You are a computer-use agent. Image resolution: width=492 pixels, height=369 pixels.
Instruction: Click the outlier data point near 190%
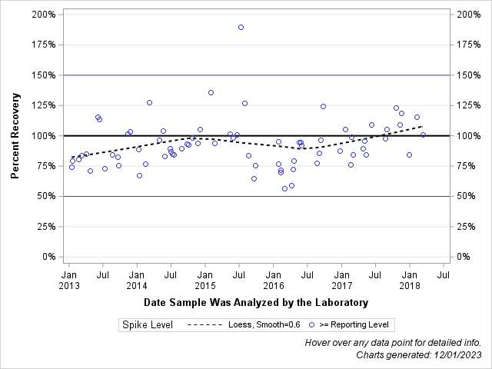pyautogui.click(x=241, y=27)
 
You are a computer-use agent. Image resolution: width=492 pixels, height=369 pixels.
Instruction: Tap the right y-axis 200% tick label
pyautogui.click(x=470, y=15)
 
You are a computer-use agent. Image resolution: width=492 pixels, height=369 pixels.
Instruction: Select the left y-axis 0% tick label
pyautogui.click(x=48, y=257)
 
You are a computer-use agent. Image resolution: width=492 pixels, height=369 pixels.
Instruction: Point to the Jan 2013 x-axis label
pyautogui.click(x=68, y=280)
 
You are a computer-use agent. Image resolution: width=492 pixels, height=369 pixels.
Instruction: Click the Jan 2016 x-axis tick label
pyautogui.click(x=273, y=280)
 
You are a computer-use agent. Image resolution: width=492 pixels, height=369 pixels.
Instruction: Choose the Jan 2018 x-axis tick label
pyautogui.click(x=410, y=280)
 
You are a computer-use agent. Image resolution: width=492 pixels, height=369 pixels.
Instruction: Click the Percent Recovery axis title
pyautogui.click(x=15, y=136)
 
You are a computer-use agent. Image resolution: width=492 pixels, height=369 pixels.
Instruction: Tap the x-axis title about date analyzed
pyautogui.click(x=255, y=302)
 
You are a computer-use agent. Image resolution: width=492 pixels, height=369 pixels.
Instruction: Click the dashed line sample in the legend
pyautogui.click(x=207, y=325)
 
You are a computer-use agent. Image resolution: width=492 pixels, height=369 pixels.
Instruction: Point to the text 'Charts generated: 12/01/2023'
pyautogui.click(x=418, y=355)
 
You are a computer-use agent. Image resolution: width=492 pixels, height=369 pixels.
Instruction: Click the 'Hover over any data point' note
pyautogui.click(x=393, y=343)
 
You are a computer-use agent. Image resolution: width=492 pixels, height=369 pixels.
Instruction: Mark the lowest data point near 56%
pyautogui.click(x=284, y=188)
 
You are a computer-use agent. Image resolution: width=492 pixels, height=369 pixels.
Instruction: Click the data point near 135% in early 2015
pyautogui.click(x=211, y=92)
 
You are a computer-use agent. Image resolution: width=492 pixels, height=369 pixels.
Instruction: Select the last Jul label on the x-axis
pyautogui.click(x=444, y=274)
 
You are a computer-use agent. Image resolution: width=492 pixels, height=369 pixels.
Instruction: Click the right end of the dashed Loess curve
pyautogui.click(x=423, y=126)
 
